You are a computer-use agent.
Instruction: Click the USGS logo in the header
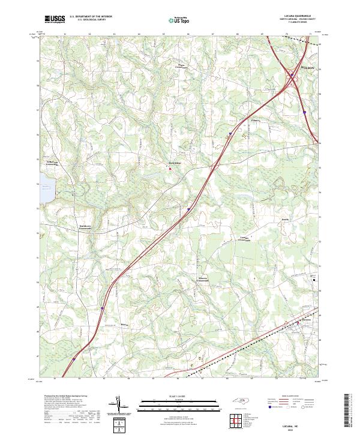(x=55, y=19)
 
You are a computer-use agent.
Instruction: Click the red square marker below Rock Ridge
(x=170, y=169)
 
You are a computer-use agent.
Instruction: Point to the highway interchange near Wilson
(x=292, y=77)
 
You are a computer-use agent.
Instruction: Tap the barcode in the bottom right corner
(x=347, y=410)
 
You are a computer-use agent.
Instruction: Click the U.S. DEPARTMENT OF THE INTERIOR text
(x=90, y=17)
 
